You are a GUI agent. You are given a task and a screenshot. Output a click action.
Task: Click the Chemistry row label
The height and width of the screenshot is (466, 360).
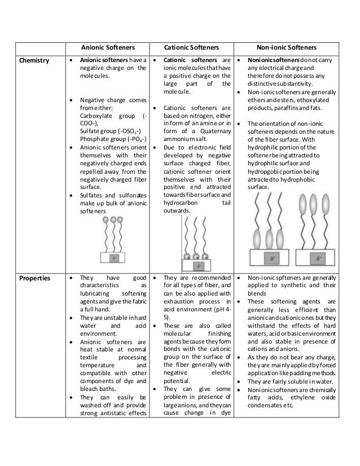click(33, 60)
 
